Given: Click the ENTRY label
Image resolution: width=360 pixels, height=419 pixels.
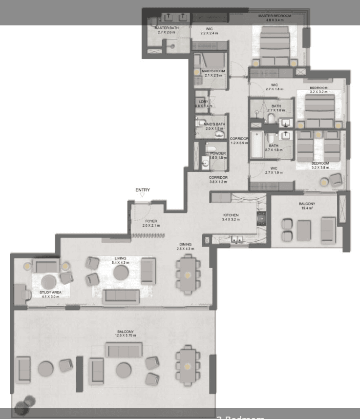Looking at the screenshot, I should click(x=143, y=190).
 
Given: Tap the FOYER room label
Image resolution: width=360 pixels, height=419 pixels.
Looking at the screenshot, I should click(x=151, y=221).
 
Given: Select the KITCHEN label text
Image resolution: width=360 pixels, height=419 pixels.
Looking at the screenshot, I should click(x=231, y=215).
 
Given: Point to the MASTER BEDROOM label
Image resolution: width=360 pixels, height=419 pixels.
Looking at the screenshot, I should click(x=275, y=16).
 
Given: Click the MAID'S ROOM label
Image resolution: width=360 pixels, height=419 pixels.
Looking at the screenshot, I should click(x=213, y=71).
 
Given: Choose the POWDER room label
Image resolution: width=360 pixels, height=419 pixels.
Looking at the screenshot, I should click(x=218, y=153).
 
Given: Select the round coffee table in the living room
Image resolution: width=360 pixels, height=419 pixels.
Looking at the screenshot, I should click(x=121, y=272).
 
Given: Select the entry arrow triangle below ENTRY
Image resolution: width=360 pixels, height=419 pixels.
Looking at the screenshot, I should click(x=142, y=195).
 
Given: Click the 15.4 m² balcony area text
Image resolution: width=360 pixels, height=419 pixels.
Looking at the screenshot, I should click(x=307, y=208).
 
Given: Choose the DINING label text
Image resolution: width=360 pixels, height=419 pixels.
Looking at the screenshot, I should click(x=185, y=244).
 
